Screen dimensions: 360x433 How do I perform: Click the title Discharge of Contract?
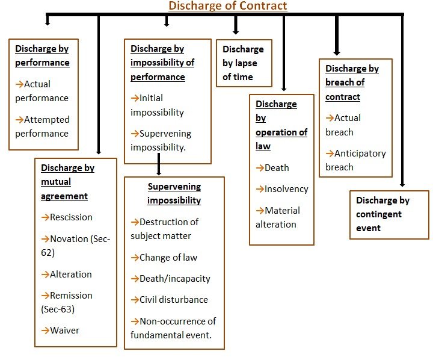pyautogui.click(x=227, y=6)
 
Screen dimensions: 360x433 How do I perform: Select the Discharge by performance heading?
pyautogui.click(x=42, y=55)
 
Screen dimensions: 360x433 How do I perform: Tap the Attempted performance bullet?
pyautogui.click(x=42, y=126)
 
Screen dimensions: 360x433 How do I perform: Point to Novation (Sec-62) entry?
pyautogui.click(x=75, y=246)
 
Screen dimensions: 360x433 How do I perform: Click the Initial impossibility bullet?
pyautogui.click(x=158, y=105)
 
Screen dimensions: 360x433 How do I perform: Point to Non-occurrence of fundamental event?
pyautogui.click(x=173, y=328)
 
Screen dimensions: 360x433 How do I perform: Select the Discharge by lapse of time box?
pyautogui.click(x=244, y=63)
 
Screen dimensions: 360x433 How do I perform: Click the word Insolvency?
pyautogui.click(x=286, y=188)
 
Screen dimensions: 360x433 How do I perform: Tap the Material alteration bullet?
pyautogui.click(x=278, y=217)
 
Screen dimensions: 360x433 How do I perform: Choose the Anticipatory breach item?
pyautogui.click(x=356, y=160)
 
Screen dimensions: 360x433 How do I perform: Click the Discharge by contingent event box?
pyautogui.click(x=388, y=214)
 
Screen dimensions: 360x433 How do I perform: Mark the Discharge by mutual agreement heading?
pyautogui.click(x=67, y=182)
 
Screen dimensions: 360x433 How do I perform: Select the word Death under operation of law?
pyautogui.click(x=277, y=167)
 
